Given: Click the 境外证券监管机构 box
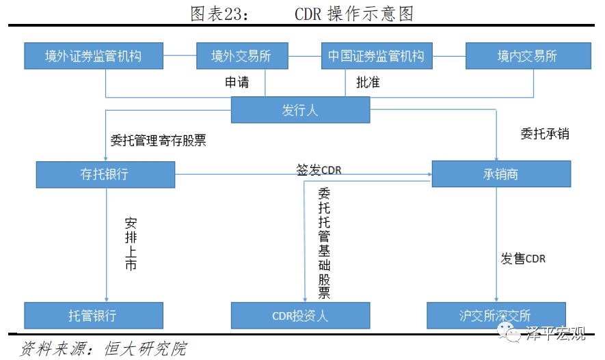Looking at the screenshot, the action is point(94,56).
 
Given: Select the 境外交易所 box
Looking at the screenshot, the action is point(242,56).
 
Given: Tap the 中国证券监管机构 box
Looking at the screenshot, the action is point(377,56).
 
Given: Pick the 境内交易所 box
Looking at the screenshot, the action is point(528,56).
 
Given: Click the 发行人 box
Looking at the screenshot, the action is point(301,110).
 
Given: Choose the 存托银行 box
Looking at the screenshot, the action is point(105,175).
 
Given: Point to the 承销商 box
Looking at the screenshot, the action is point(501,174).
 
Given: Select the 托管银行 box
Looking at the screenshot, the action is point(94,316).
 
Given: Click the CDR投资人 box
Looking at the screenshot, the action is point(301,316).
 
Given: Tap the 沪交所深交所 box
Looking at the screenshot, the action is point(496,316).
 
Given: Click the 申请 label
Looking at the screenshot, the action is point(237,82).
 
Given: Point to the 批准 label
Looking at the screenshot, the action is point(368,82).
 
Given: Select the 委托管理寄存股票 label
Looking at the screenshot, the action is point(158,140).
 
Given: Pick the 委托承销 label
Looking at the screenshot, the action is point(545,134).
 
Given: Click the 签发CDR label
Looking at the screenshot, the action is point(319,169).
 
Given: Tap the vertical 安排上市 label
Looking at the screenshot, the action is point(131,245).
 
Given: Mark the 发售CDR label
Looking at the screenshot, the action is point(523,258).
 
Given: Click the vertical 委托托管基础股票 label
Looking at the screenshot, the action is point(324,243).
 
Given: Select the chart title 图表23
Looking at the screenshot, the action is point(219,14).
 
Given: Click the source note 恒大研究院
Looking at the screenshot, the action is point(146,348).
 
